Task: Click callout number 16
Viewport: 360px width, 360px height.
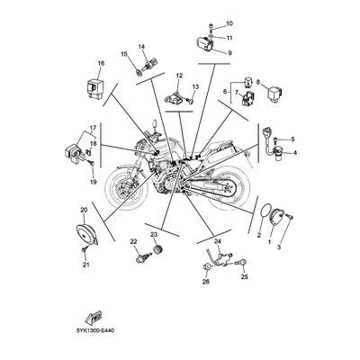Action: (101, 63)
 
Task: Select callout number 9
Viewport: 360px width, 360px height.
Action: (229, 53)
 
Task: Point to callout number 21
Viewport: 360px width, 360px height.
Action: (86, 265)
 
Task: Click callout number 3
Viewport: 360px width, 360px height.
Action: (279, 247)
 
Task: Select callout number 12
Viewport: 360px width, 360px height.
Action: (179, 76)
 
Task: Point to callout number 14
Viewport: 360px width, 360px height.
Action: (141, 47)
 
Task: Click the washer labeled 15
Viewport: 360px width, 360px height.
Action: (138, 72)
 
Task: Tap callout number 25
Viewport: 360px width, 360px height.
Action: (245, 277)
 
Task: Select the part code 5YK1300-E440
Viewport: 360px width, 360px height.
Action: (95, 331)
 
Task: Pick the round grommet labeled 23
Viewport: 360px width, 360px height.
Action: (157, 249)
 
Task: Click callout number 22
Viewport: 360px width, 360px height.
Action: (133, 241)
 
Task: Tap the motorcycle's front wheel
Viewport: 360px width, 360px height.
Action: (127, 187)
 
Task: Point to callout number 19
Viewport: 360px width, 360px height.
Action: (93, 182)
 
